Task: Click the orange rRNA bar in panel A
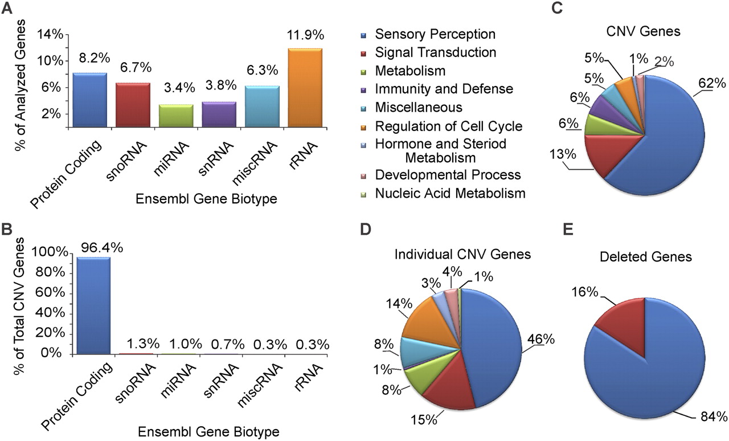coord(305,88)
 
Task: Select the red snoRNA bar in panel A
coord(133,105)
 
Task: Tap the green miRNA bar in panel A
coord(176,116)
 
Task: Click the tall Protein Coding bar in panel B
coord(93,305)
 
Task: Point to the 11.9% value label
coord(305,35)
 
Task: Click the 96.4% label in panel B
coord(102,248)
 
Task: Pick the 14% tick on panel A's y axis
coord(50,34)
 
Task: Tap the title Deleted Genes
coord(646,257)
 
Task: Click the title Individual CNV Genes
coord(462,254)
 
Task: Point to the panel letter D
coord(366,230)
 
